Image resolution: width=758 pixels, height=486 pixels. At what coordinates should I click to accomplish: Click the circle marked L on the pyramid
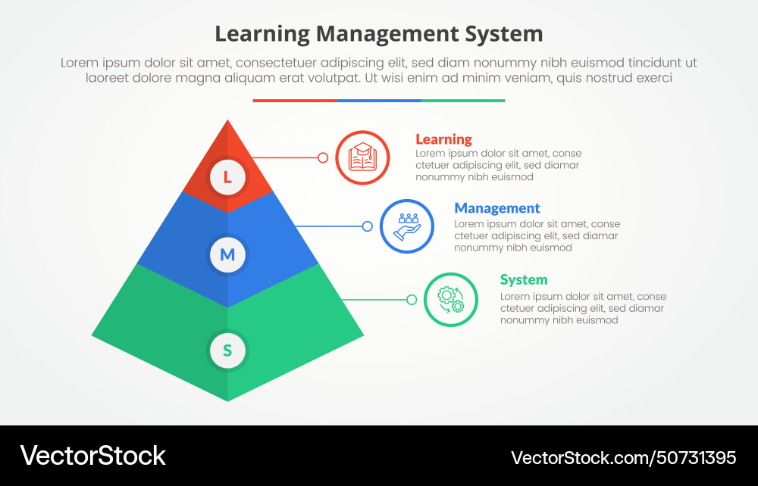(x=227, y=177)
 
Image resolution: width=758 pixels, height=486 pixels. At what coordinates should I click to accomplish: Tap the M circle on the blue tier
(x=227, y=254)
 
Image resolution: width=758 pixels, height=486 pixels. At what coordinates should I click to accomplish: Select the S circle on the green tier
(x=227, y=350)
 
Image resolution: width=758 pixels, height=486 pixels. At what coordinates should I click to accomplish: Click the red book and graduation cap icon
(x=362, y=157)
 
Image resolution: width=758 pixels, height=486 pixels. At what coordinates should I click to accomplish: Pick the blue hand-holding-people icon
(x=407, y=226)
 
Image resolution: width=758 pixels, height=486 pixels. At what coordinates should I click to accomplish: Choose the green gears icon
(x=451, y=300)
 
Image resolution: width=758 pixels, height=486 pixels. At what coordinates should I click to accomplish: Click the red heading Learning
(x=443, y=139)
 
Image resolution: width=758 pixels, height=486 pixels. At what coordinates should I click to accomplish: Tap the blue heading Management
(x=497, y=208)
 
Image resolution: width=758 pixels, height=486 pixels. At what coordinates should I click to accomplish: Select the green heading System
(x=524, y=280)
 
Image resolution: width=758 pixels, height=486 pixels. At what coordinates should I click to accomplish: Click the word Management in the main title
(x=387, y=34)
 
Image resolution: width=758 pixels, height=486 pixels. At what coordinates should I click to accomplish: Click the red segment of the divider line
(x=295, y=100)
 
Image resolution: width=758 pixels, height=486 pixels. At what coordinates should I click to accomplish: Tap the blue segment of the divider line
(x=379, y=100)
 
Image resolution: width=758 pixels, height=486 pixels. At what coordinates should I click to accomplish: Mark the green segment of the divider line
(x=462, y=100)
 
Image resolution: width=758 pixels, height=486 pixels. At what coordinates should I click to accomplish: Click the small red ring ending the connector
(x=323, y=157)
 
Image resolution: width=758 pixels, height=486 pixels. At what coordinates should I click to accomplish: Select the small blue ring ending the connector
(x=368, y=226)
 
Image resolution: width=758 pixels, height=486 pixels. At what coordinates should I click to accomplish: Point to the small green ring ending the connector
(x=412, y=300)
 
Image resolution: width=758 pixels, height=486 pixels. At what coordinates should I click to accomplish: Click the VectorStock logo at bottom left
(x=92, y=456)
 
